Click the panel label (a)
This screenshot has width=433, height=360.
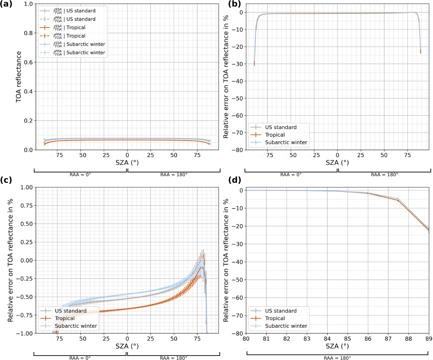coord(6,4)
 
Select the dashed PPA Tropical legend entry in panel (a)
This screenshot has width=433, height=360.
coord(76,36)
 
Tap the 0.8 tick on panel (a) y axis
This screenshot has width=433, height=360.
coord(29,33)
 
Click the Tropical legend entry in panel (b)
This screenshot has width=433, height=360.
coord(275,135)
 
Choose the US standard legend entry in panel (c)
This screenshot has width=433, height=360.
coord(70,311)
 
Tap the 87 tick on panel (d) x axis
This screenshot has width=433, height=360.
coord(388,339)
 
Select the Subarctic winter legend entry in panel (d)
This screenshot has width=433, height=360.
coord(286,326)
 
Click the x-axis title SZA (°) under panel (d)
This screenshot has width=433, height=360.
coord(337,346)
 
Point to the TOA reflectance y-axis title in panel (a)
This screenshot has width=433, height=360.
coord(19,77)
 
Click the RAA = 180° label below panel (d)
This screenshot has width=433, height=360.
coord(337,358)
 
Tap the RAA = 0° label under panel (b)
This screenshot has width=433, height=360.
coord(291,174)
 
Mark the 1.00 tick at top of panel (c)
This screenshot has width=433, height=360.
coord(26,188)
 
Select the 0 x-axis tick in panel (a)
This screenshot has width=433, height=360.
coord(127,155)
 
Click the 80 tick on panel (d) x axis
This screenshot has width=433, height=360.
coord(246,339)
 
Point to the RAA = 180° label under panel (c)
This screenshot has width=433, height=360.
coord(173,358)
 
